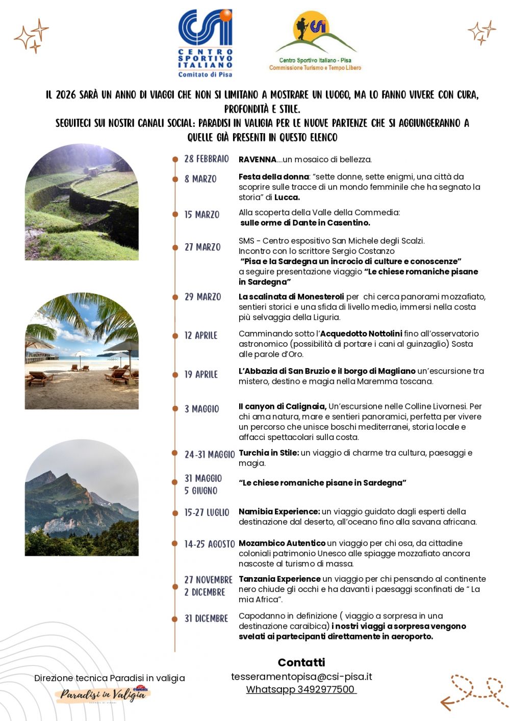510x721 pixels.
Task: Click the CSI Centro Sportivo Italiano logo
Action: pos(205,43)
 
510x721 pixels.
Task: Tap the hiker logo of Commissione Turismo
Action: pos(315,40)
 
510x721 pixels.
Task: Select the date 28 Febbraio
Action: pos(207,159)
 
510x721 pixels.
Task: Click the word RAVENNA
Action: pos(258,160)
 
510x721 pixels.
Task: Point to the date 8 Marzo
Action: pos(200,179)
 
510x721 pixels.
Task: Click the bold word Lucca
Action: pos(287,197)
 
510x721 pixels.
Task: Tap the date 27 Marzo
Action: pos(202,247)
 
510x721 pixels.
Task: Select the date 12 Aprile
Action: pos(200,336)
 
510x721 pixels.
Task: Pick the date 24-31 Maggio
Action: pos(210,454)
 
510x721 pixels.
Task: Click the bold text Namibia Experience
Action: pos(279,511)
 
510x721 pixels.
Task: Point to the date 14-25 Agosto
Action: pos(210,544)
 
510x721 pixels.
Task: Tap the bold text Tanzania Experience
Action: pos(279,579)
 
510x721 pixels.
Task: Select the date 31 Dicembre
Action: pos(206,619)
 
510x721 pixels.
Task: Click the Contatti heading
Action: pos(301,662)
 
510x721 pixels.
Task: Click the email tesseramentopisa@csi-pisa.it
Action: pos(301,677)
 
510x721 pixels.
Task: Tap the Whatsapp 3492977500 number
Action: pos(301,689)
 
